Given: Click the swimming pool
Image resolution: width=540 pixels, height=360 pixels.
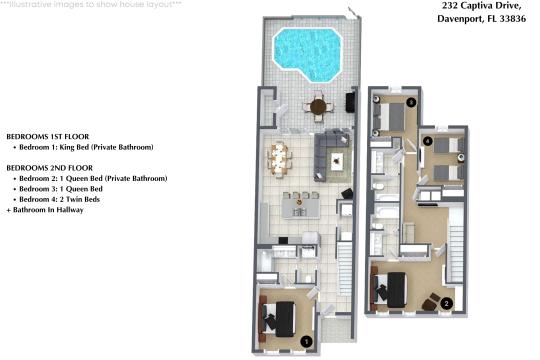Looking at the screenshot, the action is (308, 53).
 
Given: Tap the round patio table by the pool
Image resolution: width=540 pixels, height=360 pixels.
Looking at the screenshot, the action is (318, 107).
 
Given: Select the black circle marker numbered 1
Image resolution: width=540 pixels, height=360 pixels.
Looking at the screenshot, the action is (306, 342).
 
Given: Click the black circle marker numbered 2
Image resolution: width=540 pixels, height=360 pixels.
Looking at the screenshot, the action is (447, 304).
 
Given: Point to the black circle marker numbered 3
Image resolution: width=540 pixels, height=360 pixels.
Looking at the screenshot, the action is (411, 102).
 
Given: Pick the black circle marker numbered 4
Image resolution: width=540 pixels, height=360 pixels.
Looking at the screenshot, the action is (427, 141).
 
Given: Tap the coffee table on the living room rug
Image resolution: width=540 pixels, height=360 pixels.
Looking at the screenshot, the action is (337, 161).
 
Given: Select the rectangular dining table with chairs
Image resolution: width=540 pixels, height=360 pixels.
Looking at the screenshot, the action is (279, 160).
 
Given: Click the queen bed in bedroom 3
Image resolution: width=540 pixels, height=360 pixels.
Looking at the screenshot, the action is (391, 117).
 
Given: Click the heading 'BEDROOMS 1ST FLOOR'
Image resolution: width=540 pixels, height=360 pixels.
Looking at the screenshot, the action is (48, 136).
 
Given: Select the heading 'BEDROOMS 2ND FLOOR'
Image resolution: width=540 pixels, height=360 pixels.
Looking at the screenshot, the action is (50, 168).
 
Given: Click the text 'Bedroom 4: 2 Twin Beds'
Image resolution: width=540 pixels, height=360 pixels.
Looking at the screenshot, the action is (60, 199).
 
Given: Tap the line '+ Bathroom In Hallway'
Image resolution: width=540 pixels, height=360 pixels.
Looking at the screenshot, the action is (45, 210).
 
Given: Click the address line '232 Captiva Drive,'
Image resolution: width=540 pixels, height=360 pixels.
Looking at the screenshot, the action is (481, 6).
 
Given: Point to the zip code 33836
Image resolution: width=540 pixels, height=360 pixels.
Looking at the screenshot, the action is (513, 19).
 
